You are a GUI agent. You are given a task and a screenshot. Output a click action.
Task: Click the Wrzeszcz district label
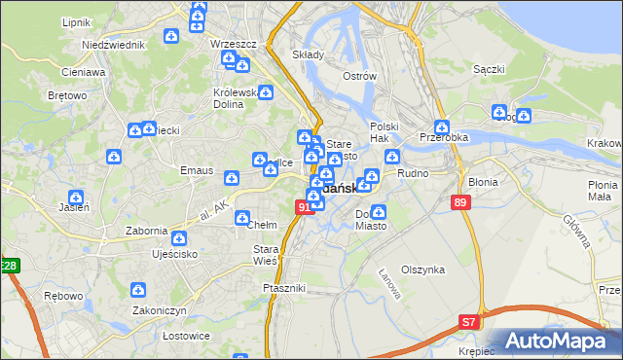coord(234,45)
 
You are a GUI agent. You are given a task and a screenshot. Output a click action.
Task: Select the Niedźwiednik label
coord(107,45)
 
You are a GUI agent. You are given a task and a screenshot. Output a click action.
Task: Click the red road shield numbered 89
coord(462,201)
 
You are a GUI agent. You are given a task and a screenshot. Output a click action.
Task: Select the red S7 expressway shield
coord(469,320)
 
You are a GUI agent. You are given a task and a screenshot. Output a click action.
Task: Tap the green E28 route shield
coord(9,266)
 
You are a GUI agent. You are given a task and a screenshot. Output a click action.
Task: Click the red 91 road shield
coord(303,206)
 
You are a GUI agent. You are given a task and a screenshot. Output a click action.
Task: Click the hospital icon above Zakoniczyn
coord(139,290)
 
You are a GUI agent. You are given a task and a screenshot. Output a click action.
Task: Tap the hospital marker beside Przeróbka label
coord(442,126)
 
